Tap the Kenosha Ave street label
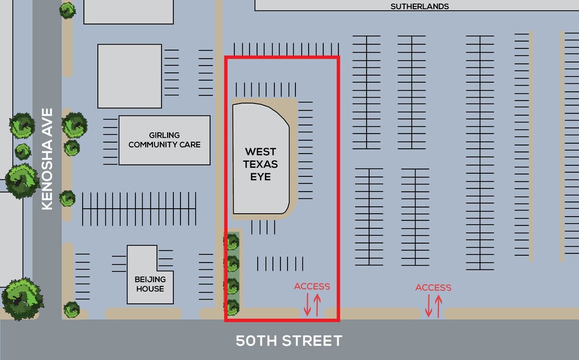point(47,159)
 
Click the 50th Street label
point(289,341)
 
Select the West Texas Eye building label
point(261,164)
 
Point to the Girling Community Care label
point(165,140)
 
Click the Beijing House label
point(149,284)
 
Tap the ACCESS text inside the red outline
point(312,287)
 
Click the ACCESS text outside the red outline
point(433,288)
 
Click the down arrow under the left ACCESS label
point(307,304)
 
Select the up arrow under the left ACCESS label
point(317,304)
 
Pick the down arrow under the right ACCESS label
point(428,306)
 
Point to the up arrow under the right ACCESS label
point(438,306)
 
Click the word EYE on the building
point(261,177)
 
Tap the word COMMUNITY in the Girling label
point(165,145)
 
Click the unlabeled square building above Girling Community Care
point(130,76)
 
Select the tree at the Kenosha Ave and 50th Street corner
point(23,298)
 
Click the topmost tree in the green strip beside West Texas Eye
point(232,242)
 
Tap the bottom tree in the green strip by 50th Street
point(232,306)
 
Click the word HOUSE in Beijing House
point(150,288)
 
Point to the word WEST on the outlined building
point(261,151)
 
